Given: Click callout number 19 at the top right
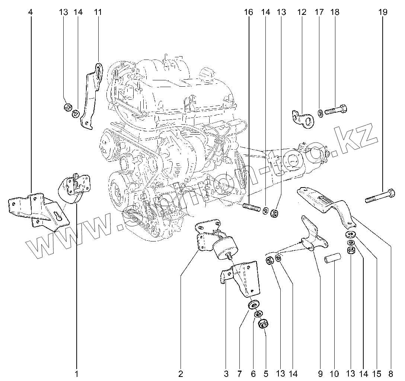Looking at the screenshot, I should (383, 12).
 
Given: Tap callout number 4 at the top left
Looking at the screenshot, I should (31, 12).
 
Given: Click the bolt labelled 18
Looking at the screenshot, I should (337, 110).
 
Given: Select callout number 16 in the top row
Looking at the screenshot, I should (249, 12).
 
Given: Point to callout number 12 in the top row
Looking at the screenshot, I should (302, 12).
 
